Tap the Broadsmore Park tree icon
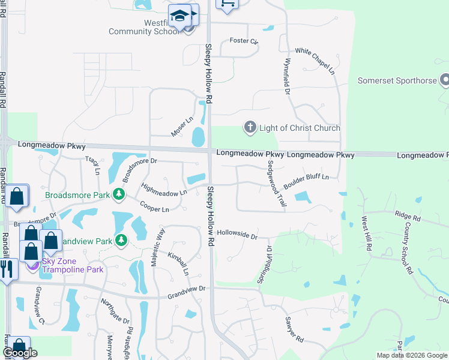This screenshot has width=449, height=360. [x=119, y=194]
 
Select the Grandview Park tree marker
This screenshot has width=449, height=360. [x=122, y=241]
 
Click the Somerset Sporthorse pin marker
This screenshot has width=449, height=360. [x=445, y=80]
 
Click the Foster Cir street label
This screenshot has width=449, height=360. [x=244, y=41]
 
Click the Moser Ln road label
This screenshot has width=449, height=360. [x=182, y=127]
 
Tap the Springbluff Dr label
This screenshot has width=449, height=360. [x=265, y=265]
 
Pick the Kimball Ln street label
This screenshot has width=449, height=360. [x=178, y=263]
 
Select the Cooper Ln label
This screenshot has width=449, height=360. [x=154, y=206]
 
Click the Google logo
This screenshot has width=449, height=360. [x=20, y=353]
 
